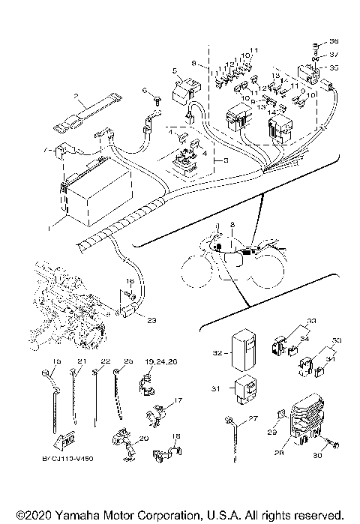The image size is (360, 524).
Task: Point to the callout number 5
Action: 174,70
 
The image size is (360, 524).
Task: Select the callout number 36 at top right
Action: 334,40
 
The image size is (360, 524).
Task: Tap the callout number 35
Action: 334,67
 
